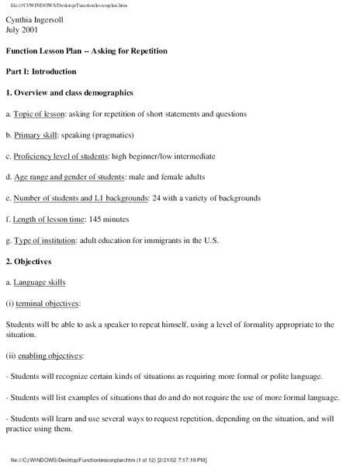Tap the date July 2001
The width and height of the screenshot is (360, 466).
tap(25, 30)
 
